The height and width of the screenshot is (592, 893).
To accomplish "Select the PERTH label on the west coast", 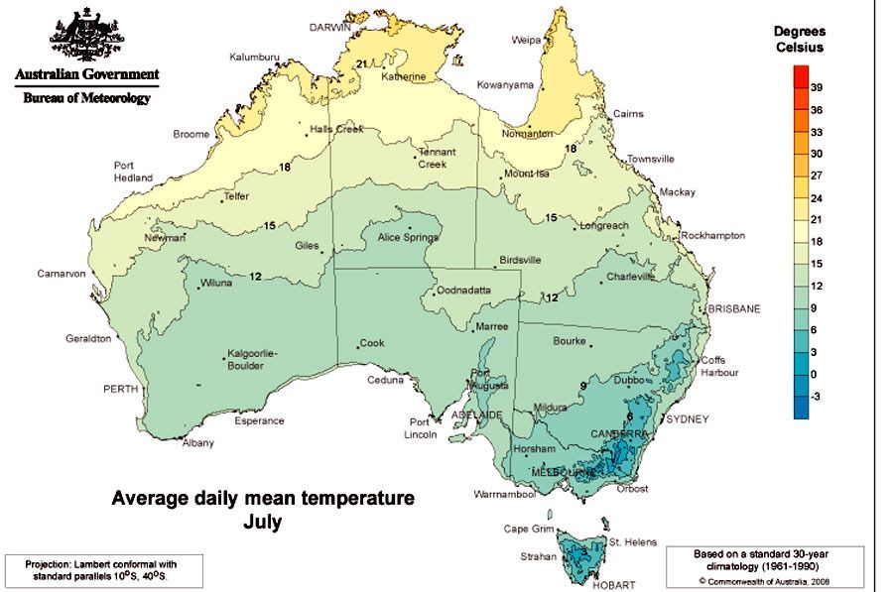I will (121, 390).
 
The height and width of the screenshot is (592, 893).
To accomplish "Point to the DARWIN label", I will (332, 27).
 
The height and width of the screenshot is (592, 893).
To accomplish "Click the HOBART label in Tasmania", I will (611, 585).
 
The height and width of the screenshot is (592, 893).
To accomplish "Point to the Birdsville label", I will (519, 260).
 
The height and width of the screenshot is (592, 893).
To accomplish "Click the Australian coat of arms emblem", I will (86, 35).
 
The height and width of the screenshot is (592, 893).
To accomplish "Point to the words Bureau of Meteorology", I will (87, 98).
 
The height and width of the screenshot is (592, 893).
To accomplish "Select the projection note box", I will (102, 571).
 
